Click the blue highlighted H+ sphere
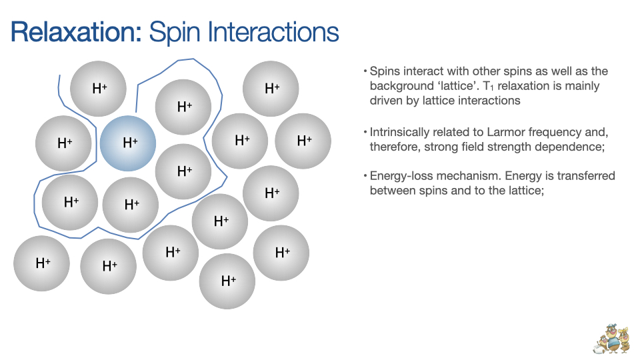point(128,143)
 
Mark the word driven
point(387,101)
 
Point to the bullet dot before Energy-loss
point(365,176)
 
